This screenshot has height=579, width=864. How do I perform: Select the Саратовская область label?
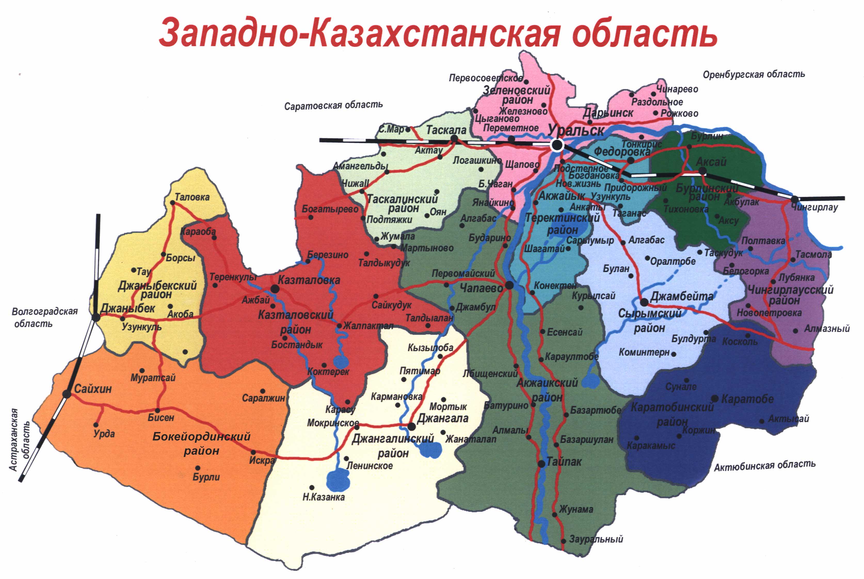pyautogui.click(x=333, y=105)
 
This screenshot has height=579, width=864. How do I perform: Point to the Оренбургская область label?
pyautogui.click(x=754, y=74)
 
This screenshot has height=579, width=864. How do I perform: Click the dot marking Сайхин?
pyautogui.click(x=67, y=394)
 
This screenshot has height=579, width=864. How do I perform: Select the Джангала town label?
pyautogui.click(x=443, y=418)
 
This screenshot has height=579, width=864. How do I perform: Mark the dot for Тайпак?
pyautogui.click(x=541, y=464)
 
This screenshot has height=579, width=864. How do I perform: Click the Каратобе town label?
pyautogui.click(x=747, y=399)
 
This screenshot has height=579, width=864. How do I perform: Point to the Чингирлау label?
pyautogui.click(x=814, y=207)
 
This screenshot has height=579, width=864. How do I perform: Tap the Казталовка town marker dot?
pyautogui.click(x=275, y=289)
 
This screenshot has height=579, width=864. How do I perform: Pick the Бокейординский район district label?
pyautogui.click(x=201, y=443)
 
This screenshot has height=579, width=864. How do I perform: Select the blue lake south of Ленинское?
pyautogui.click(x=338, y=480)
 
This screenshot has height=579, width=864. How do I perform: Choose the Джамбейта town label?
pyautogui.click(x=682, y=296)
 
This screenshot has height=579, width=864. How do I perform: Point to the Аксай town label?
pyautogui.click(x=711, y=162)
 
